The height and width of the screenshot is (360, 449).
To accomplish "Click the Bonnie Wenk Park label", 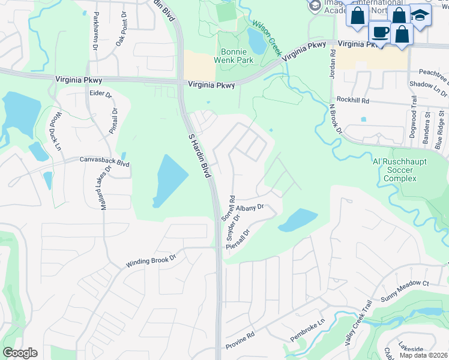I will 234,56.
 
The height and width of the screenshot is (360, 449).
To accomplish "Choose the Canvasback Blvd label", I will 104,161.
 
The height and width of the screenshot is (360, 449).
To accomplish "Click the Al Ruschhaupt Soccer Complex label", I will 400,170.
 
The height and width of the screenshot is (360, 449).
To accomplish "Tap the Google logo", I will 20,353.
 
